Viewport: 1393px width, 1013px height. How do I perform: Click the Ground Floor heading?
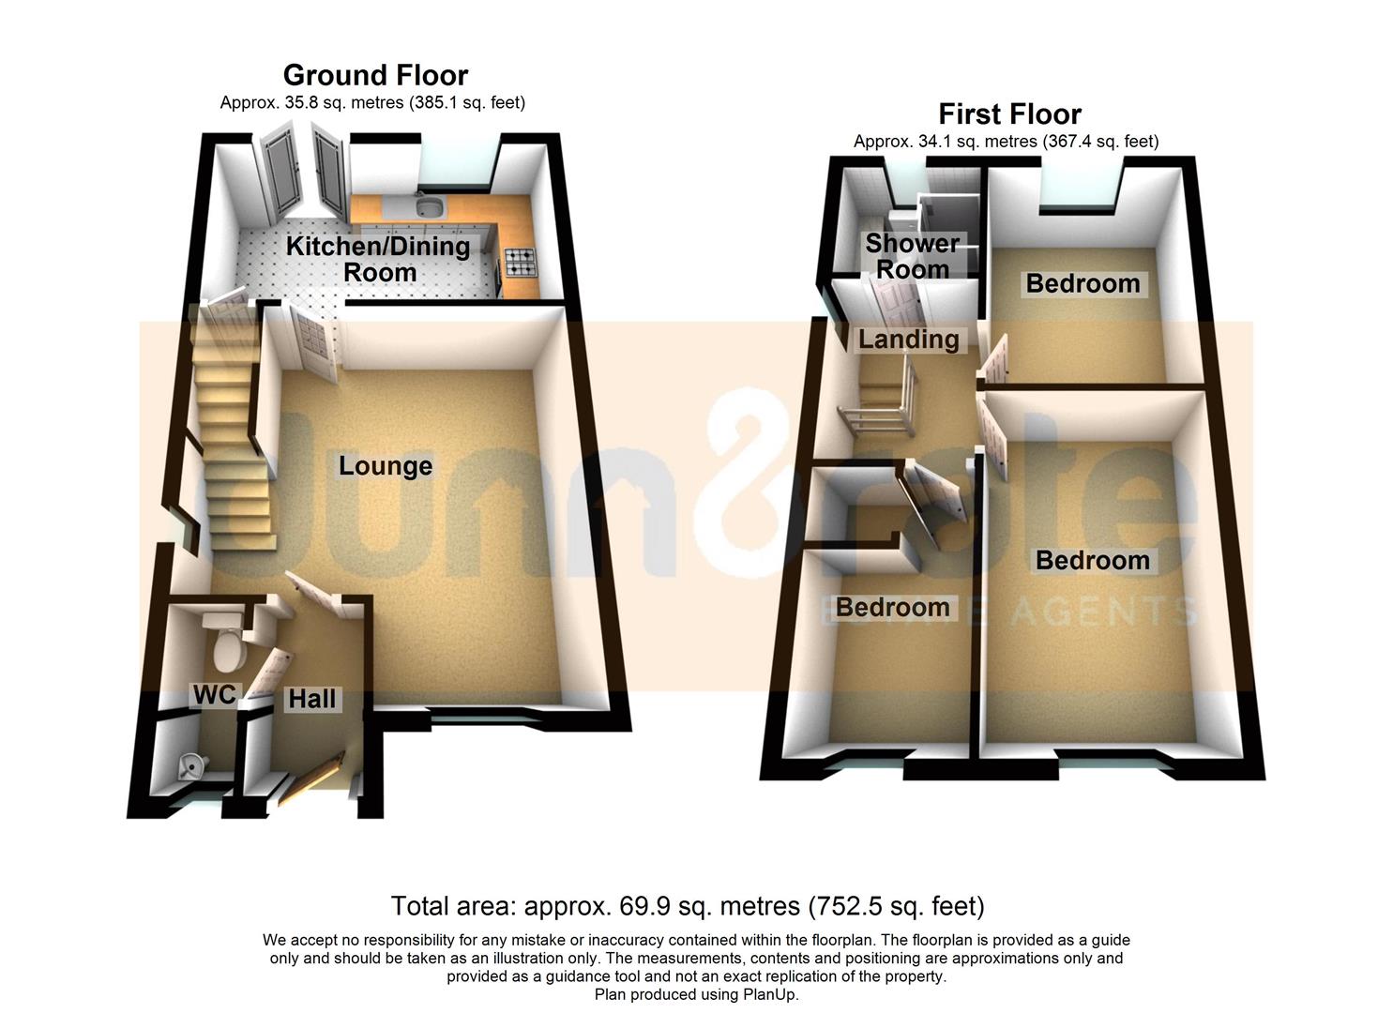[375, 76]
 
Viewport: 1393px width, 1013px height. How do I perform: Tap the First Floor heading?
[1009, 114]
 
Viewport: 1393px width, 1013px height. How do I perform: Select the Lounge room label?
[386, 466]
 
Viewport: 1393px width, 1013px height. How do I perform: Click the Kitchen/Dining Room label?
[378, 259]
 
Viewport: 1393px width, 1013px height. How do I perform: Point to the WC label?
[215, 695]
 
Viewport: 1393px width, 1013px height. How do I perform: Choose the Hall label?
[312, 699]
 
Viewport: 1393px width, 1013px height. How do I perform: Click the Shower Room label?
[913, 256]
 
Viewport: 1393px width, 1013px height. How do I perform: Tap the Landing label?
[909, 340]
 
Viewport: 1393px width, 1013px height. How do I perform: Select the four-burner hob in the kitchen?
[520, 262]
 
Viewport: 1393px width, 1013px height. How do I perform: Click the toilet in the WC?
[227, 641]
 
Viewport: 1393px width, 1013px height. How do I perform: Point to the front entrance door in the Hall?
[310, 778]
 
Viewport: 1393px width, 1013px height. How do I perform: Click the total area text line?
[688, 906]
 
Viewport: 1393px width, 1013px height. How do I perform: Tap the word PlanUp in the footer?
[770, 994]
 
